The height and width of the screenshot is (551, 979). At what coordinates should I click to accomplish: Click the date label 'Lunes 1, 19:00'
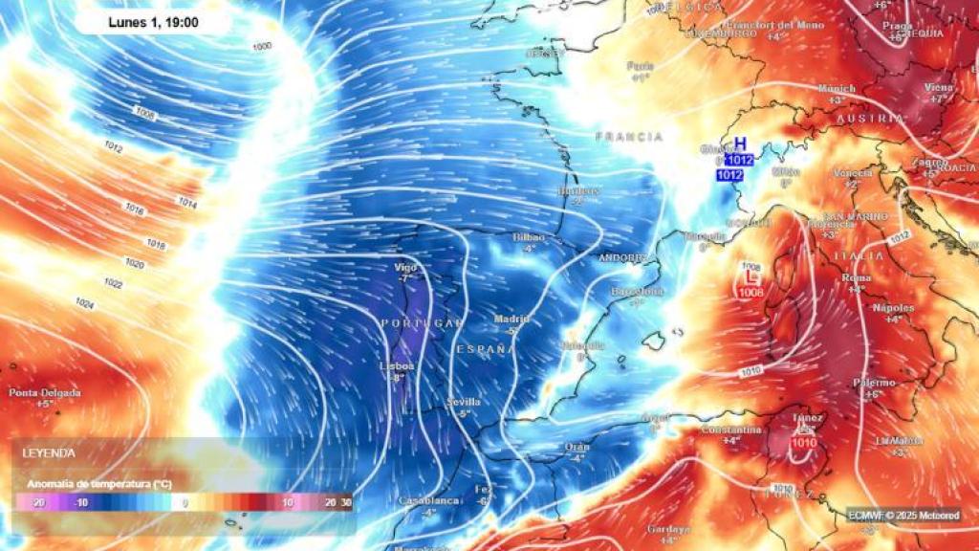tap(153, 21)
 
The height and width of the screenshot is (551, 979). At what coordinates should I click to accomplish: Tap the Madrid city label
tap(511, 319)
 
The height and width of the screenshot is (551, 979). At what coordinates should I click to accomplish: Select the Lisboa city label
tap(397, 365)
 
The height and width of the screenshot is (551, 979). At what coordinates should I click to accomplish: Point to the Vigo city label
tap(406, 267)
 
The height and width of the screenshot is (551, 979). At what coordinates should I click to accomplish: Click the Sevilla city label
tap(464, 402)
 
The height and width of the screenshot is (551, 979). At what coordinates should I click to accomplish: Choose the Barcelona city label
tap(637, 291)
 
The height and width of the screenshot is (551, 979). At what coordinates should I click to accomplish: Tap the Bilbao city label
tap(528, 236)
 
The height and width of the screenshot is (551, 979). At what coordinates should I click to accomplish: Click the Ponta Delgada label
tap(45, 392)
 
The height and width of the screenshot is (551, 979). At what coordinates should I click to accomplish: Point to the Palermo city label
tap(874, 383)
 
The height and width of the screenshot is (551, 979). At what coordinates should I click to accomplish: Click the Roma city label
tap(856, 277)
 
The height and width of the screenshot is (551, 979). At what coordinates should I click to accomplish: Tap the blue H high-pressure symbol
tap(739, 143)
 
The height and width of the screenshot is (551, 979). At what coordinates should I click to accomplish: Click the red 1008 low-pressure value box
tap(751, 292)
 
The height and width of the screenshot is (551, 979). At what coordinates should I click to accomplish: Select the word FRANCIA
tap(629, 137)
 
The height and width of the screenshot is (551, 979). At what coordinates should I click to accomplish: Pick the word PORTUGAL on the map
tap(422, 323)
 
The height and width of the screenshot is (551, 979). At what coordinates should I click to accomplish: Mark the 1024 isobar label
tap(85, 303)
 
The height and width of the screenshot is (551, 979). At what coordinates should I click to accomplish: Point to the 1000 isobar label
tap(261, 46)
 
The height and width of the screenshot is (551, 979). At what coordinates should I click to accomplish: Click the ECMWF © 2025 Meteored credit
tap(903, 515)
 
